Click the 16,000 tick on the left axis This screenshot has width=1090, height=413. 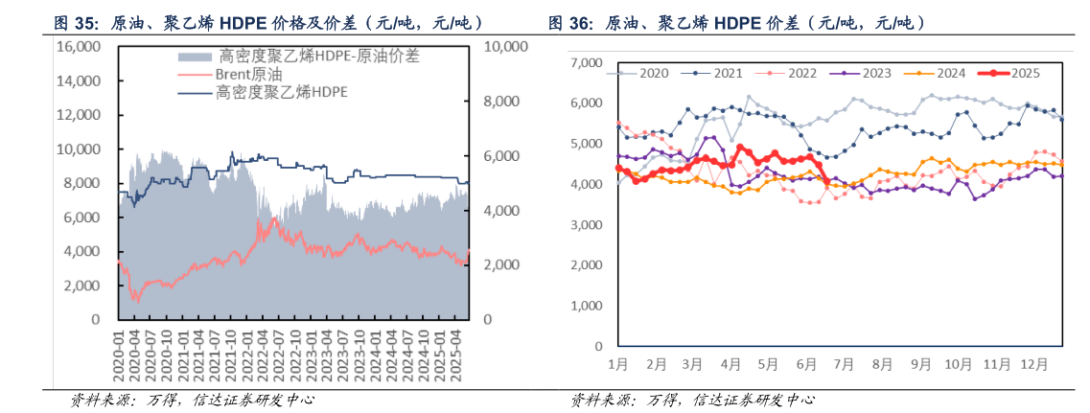point(81,46)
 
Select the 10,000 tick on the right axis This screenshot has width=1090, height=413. point(507,46)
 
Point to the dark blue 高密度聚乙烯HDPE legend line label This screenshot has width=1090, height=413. point(281,92)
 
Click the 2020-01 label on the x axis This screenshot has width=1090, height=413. point(119,356)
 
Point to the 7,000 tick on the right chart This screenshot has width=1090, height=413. point(587,63)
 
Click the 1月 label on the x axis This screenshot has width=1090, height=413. point(617,364)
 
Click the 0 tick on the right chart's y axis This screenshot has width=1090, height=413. point(598,347)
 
